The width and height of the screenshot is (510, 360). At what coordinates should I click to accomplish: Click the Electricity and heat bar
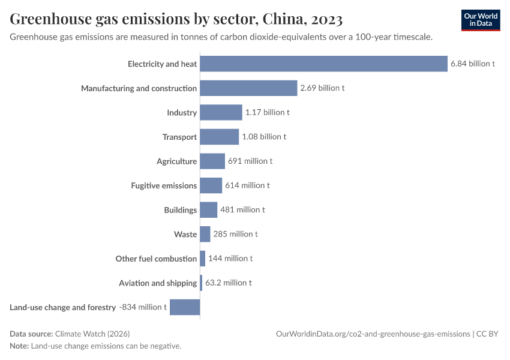click(323, 64)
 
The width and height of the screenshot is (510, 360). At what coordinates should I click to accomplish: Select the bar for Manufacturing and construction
click(248, 88)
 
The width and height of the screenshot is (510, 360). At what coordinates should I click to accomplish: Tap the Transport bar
click(219, 137)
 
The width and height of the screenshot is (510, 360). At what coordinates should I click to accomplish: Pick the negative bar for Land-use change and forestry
click(185, 307)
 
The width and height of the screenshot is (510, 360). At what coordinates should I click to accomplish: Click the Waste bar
click(205, 234)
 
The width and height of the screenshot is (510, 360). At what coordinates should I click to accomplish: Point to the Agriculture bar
click(212, 161)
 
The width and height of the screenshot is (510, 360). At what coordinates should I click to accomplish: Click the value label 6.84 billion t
click(473, 64)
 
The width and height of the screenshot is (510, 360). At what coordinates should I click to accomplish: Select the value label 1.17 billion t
click(267, 112)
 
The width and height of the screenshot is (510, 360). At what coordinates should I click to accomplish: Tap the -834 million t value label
click(143, 307)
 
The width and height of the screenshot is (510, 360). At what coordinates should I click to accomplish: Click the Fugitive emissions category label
click(164, 186)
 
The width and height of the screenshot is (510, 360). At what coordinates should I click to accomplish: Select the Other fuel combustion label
click(156, 259)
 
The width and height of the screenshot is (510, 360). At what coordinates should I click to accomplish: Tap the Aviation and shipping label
click(158, 283)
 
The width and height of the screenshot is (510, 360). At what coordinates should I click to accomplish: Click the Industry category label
click(182, 113)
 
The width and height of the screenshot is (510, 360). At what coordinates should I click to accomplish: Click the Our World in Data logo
click(481, 20)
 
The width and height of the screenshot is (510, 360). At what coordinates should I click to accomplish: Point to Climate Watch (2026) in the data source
click(92, 334)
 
